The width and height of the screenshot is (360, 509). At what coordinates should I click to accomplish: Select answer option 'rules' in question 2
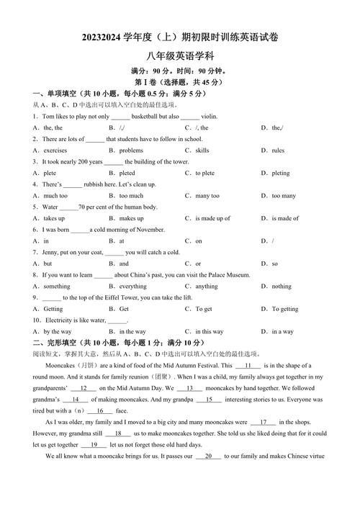tap(278, 150)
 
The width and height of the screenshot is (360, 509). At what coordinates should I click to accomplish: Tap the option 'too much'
tap(131, 195)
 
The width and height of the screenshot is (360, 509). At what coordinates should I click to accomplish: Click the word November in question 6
tap(150, 229)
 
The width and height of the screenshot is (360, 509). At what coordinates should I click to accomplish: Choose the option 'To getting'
tap(285, 309)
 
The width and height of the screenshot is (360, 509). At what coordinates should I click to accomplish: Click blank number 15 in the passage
tap(209, 400)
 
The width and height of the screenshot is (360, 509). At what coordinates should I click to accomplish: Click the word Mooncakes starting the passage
tap(61, 366)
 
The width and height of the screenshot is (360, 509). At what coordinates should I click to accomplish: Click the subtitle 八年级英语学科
tap(179, 55)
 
